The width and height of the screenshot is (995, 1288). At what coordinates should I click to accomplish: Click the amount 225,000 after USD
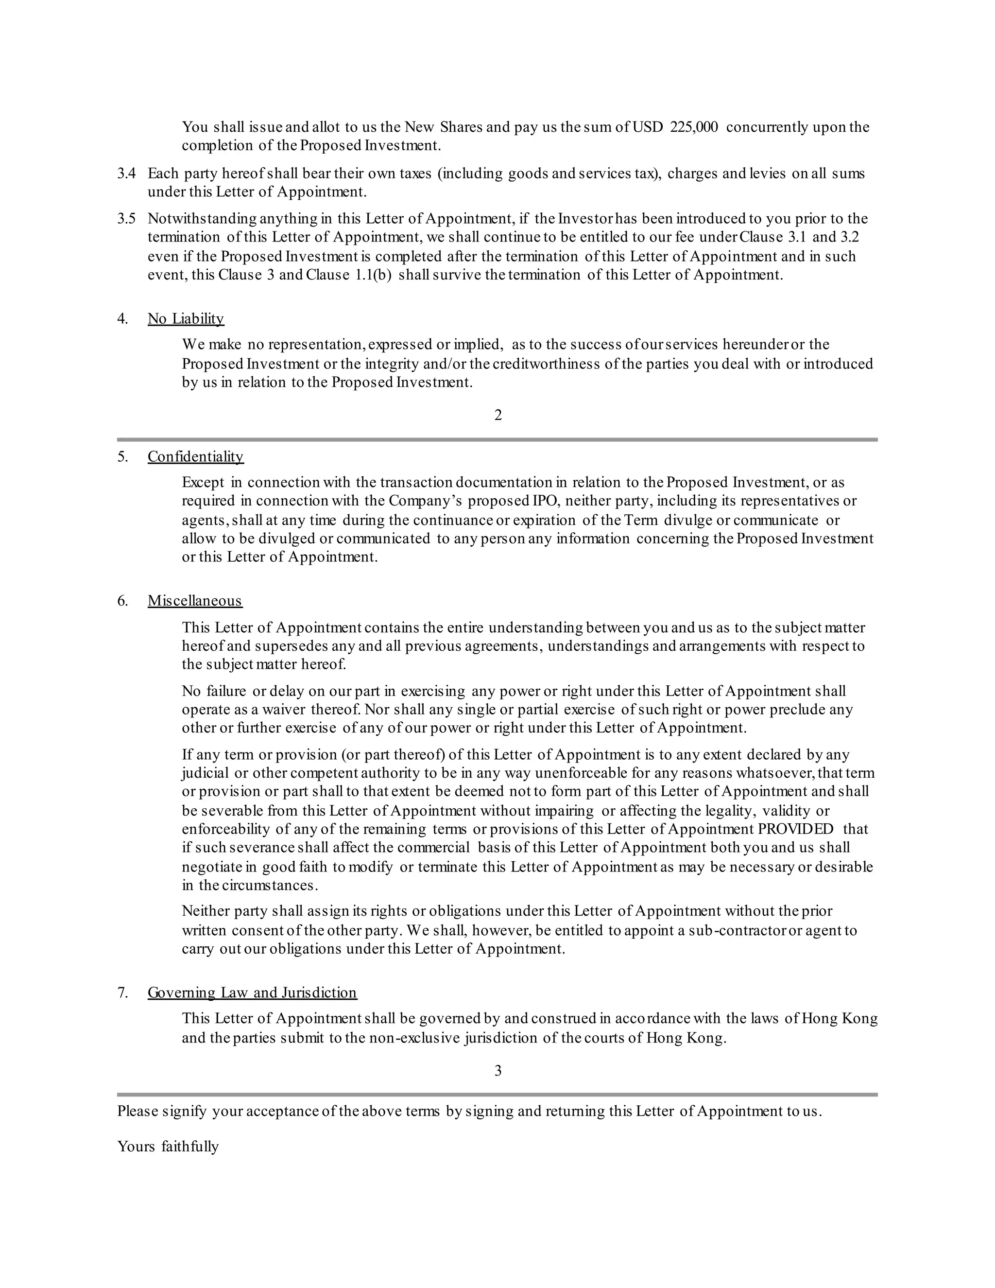694,127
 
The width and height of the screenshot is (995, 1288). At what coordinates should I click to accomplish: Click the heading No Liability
186,319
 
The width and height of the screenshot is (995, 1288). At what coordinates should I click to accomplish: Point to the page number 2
498,415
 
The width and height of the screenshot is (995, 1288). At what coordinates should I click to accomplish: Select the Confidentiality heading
195,457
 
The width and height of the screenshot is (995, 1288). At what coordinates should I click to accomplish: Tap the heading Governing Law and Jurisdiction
252,992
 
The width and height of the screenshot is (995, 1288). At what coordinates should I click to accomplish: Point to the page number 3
498,1070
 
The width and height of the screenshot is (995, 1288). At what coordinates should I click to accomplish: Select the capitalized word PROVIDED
795,829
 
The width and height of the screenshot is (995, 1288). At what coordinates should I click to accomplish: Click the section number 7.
122,992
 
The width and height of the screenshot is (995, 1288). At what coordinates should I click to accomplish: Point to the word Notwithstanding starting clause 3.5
202,219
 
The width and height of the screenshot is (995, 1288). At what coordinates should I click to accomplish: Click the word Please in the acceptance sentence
138,1112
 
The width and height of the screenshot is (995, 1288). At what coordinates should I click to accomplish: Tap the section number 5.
122,457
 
